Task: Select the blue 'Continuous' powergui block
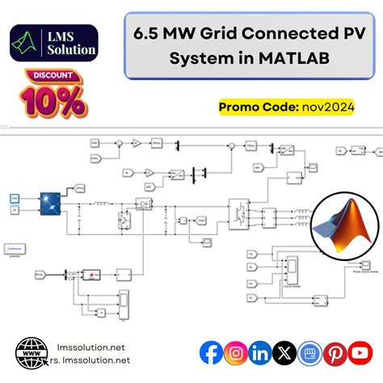point(15,248)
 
